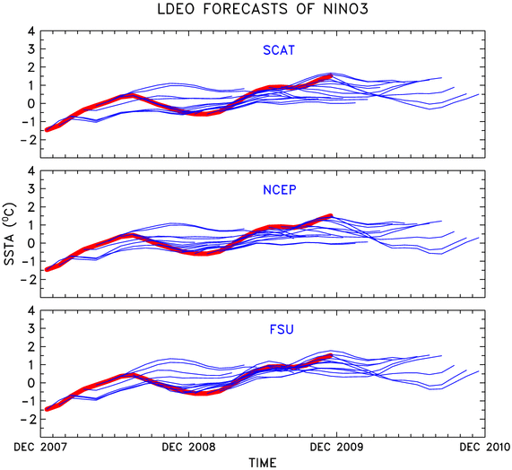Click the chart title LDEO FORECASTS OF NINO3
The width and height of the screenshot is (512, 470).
coord(263,9)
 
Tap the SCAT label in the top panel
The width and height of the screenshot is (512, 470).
coord(279,50)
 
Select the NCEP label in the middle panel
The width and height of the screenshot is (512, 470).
coord(280,190)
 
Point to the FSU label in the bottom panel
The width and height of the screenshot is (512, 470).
coord(282,329)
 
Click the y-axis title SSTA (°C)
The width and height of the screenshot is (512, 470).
coord(10,234)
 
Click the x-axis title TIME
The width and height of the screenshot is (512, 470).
coord(263,463)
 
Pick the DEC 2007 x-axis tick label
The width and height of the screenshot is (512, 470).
coord(40,447)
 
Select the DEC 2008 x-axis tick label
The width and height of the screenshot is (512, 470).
coord(188,447)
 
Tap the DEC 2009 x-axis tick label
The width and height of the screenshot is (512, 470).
coord(336,447)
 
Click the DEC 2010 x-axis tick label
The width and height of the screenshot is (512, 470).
coord(485,447)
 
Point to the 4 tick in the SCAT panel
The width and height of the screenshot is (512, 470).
coord(31,31)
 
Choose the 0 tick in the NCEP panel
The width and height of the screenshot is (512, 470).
coord(31,243)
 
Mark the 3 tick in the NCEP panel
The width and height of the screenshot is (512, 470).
coord(31,188)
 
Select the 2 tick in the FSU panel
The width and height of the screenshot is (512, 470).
coord(31,346)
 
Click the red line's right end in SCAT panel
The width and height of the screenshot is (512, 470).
coord(331,76)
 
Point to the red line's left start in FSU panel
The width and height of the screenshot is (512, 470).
coord(47,409)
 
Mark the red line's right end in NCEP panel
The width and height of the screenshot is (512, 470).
coord(331,215)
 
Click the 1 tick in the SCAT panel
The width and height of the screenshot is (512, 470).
coord(31,85)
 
